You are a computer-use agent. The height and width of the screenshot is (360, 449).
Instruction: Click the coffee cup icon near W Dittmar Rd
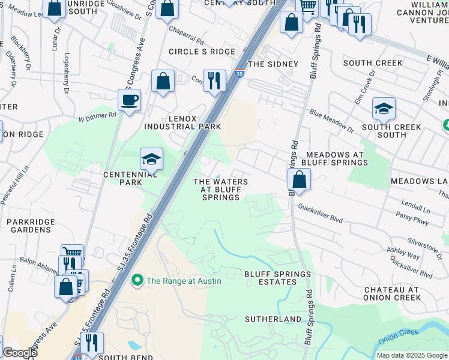pyautogui.click(x=129, y=100)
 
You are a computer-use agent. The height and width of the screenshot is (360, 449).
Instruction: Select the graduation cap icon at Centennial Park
pyautogui.click(x=151, y=159)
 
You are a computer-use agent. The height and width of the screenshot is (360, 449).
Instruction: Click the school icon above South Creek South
pyautogui.click(x=384, y=109)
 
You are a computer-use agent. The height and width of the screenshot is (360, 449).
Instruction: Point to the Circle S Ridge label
pyautogui.click(x=202, y=52)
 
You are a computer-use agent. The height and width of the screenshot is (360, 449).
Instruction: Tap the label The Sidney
pyautogui.click(x=273, y=64)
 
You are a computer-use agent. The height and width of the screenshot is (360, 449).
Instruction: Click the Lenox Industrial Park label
pyautogui.click(x=182, y=122)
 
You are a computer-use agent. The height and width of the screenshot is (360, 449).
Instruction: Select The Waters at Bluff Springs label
pyautogui.click(x=220, y=190)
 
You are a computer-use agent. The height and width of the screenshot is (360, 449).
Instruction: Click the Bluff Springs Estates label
pyautogui.click(x=278, y=278)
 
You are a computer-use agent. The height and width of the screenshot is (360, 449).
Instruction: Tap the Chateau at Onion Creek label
pyautogui.click(x=391, y=293)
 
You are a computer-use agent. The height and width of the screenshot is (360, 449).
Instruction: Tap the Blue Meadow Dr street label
pyautogui.click(x=331, y=121)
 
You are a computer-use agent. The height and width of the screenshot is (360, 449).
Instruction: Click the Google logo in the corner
pyautogui.click(x=20, y=353)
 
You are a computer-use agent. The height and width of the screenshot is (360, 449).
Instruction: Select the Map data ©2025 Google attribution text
pyautogui.click(x=412, y=355)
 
